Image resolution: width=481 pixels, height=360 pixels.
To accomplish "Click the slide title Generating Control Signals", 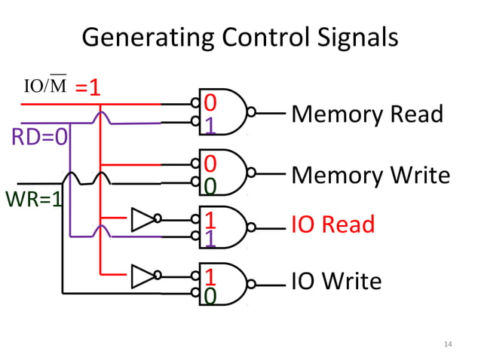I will (x=240, y=37).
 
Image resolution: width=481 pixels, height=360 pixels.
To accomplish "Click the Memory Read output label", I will (x=367, y=114).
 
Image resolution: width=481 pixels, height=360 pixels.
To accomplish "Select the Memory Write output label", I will (x=370, y=175).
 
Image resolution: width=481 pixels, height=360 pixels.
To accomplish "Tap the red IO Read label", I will (x=332, y=224).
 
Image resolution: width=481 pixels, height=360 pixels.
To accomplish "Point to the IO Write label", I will (x=336, y=282).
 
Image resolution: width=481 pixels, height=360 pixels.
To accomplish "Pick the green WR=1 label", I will (x=33, y=200).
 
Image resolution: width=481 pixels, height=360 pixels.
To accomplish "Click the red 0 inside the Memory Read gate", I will (x=210, y=102).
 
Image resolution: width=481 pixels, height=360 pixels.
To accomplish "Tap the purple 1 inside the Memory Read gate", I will (x=210, y=125).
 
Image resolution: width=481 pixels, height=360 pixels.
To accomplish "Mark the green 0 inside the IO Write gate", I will (x=210, y=297).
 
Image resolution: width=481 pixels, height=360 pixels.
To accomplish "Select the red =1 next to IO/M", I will (x=88, y=87).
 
